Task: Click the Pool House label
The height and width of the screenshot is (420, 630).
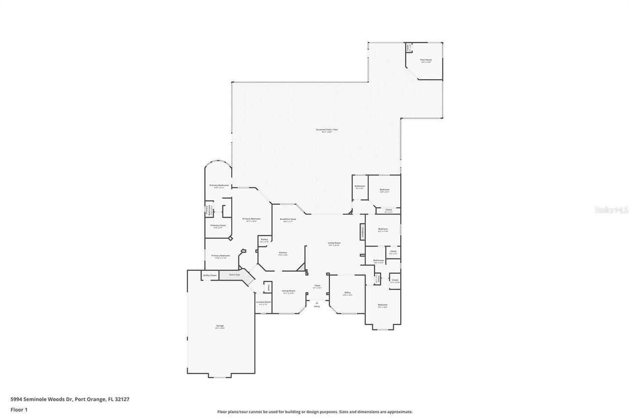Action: click(425, 60)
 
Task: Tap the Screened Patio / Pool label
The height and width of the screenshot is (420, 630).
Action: click(327, 129)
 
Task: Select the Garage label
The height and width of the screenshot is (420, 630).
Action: click(220, 325)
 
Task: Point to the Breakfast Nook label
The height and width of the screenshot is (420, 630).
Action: click(287, 219)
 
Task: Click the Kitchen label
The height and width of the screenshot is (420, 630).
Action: click(283, 253)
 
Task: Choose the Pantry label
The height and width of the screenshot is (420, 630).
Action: click(264, 239)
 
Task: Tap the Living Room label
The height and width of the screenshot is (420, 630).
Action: click(334, 243)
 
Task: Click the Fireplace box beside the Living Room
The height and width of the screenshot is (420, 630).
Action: click(362, 232)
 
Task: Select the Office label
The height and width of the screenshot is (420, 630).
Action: click(347, 293)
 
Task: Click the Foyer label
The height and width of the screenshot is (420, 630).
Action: click(317, 286)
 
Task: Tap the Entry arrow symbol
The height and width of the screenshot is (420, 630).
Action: click(317, 302)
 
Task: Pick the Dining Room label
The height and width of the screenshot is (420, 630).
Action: click(288, 291)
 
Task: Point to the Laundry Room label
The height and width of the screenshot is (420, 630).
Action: click(263, 302)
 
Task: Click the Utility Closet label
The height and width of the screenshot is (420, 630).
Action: click(210, 275)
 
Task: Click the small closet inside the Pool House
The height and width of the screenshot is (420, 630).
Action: click(408, 48)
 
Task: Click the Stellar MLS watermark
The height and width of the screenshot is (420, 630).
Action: click(611, 210)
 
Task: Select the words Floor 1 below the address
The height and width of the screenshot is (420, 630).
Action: click(19, 409)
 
